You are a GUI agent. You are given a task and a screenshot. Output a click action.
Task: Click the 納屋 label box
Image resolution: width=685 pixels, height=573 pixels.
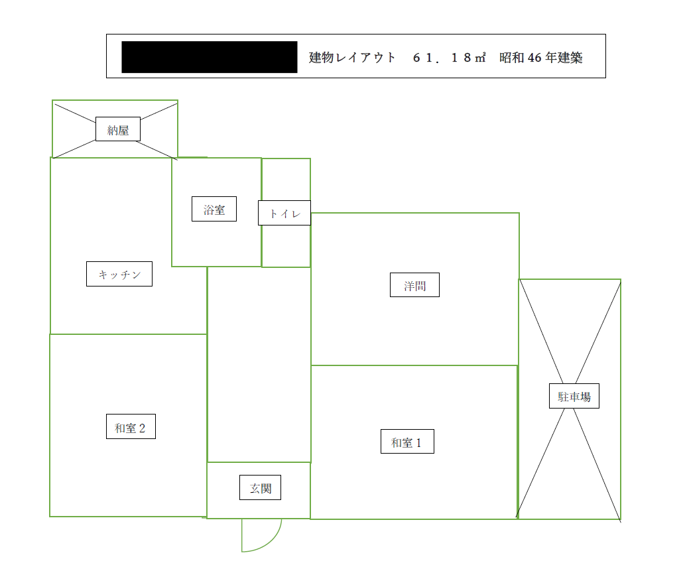(118, 129)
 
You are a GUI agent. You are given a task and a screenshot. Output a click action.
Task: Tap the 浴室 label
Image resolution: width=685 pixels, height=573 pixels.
(214, 209)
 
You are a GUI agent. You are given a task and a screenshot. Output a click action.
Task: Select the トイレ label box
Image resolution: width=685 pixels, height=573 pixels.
(284, 213)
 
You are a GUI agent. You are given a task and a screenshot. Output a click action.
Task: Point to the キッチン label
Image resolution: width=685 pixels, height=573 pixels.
(119, 274)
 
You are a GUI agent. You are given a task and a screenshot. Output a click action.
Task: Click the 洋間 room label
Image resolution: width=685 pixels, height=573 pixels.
(414, 285)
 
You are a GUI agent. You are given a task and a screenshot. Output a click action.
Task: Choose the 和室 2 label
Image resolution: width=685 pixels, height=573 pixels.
(131, 426)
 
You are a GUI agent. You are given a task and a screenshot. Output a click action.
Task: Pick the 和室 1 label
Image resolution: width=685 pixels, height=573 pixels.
(408, 442)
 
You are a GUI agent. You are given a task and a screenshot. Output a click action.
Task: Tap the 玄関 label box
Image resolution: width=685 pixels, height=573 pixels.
(261, 487)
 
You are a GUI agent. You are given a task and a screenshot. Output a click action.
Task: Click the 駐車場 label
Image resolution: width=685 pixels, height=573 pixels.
(574, 396)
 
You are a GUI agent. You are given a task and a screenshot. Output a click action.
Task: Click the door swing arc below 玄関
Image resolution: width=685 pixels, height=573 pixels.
(271, 542)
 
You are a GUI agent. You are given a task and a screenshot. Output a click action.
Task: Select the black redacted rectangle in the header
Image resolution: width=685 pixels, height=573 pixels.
(210, 57)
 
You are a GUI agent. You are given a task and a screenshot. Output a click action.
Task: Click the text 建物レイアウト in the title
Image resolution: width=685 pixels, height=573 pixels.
(352, 57)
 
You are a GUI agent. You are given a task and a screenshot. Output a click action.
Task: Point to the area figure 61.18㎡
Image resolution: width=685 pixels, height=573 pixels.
(450, 57)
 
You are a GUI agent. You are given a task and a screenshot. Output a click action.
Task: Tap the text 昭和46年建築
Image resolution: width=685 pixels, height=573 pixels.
(541, 57)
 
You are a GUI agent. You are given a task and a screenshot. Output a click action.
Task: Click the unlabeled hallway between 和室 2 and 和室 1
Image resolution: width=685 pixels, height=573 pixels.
(259, 365)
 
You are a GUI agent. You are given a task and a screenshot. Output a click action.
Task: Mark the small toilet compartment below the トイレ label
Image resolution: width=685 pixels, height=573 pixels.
(286, 246)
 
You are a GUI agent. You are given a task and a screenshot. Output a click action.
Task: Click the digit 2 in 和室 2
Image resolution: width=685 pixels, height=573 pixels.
(142, 428)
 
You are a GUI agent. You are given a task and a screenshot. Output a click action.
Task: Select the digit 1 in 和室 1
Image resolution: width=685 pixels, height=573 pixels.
(418, 443)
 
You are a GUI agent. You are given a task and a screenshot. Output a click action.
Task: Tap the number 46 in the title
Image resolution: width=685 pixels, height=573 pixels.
(534, 57)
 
